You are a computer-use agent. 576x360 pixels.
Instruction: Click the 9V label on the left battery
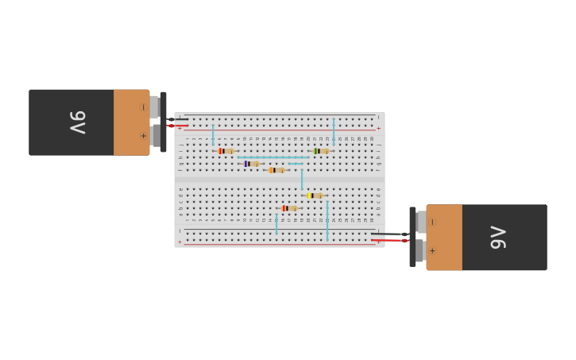[x=77, y=122]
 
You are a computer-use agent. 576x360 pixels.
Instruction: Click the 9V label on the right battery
[x=498, y=238]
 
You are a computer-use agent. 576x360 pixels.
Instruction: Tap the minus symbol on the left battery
[x=144, y=107]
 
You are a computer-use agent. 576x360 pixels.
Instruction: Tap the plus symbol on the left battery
[x=144, y=136]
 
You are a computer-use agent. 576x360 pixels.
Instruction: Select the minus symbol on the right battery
[x=432, y=223]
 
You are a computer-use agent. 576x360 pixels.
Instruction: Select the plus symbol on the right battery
[x=432, y=251]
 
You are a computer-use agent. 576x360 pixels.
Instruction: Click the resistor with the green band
[x=320, y=151]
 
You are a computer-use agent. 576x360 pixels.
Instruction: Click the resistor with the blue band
[x=252, y=164]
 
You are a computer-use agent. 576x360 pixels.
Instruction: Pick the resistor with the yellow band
[x=315, y=195]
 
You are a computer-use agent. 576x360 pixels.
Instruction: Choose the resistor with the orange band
[x=276, y=170]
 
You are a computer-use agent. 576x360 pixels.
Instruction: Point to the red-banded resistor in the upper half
[x=226, y=151]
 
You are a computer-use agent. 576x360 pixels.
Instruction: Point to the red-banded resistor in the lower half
[x=290, y=208]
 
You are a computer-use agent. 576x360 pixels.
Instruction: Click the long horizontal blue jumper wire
[x=273, y=157]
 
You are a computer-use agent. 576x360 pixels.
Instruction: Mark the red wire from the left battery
[x=177, y=126]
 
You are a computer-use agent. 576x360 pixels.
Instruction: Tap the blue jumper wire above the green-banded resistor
[x=334, y=130]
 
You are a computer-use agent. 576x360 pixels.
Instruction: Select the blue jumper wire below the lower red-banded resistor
[x=276, y=223]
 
